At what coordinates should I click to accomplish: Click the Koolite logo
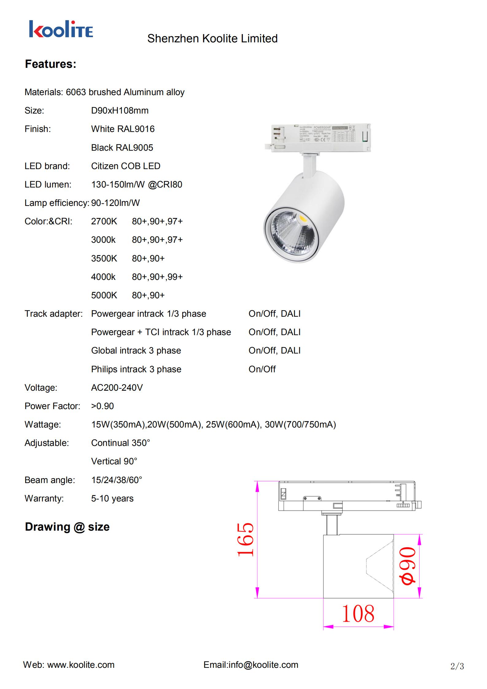click(x=61, y=29)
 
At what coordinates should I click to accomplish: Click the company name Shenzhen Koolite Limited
click(x=212, y=39)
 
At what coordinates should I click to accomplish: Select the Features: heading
click(x=50, y=64)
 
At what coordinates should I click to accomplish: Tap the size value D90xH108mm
click(x=120, y=110)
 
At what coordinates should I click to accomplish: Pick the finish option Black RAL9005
click(x=122, y=148)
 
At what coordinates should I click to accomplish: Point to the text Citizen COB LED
click(x=126, y=166)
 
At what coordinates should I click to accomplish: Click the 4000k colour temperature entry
click(x=103, y=277)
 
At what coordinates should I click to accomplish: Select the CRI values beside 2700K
click(x=157, y=221)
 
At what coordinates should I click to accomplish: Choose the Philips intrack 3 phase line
click(x=136, y=369)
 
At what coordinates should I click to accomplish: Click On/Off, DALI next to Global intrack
click(x=274, y=350)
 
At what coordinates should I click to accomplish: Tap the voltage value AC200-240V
click(x=117, y=388)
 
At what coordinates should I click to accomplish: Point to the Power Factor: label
click(x=52, y=406)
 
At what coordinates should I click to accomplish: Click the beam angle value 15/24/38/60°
click(x=117, y=480)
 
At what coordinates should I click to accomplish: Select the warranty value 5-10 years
click(x=112, y=498)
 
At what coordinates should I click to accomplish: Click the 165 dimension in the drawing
click(x=245, y=539)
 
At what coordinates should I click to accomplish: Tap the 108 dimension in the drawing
click(x=358, y=614)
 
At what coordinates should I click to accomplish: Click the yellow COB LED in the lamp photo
click(x=302, y=219)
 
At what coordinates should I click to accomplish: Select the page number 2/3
click(x=457, y=666)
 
